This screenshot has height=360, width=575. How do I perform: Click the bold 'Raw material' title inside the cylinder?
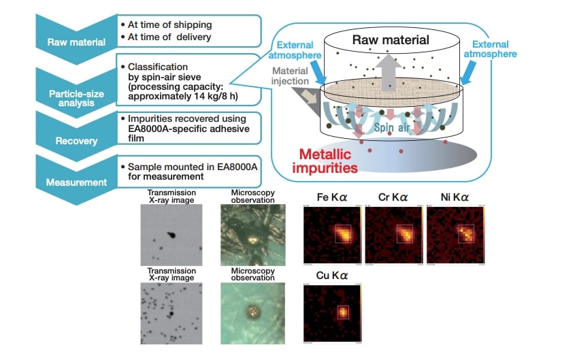390,39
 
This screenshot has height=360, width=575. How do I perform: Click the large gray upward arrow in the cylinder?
391,71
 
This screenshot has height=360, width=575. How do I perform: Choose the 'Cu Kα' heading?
331,275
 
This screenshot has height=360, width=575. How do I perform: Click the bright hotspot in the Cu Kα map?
343,312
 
